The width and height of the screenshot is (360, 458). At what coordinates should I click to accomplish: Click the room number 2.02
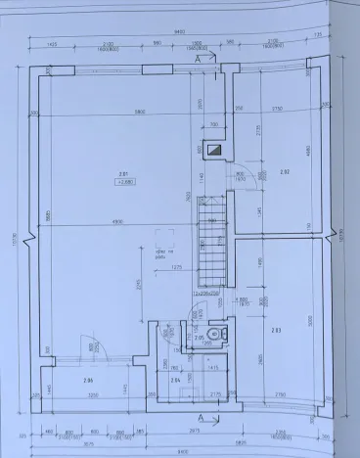pos(285,172)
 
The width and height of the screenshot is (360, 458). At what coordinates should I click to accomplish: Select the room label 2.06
pos(87,380)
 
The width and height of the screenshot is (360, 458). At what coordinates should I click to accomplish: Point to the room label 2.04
pos(176,380)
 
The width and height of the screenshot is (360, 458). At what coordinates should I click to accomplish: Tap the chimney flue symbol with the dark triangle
pos(212,151)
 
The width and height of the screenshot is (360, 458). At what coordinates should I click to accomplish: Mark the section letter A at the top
pos(200,60)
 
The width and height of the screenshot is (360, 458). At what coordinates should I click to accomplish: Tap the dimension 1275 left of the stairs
pos(177,265)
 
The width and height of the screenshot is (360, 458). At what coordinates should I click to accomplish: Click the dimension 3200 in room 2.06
pos(94,397)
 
